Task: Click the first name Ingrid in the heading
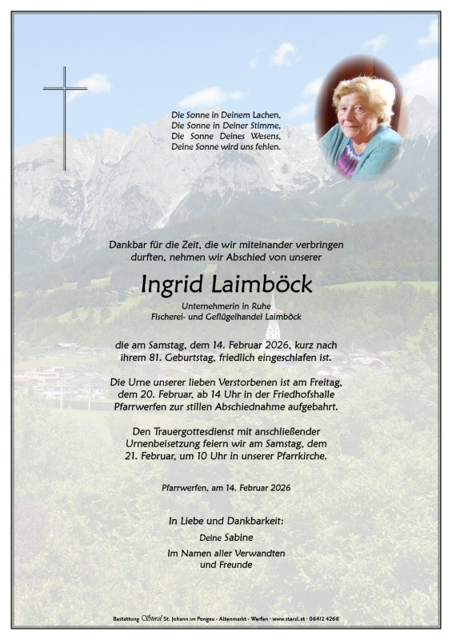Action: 171,284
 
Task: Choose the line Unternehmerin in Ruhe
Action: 226,305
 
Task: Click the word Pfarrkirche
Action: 295,456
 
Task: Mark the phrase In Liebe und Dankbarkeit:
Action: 226,521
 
